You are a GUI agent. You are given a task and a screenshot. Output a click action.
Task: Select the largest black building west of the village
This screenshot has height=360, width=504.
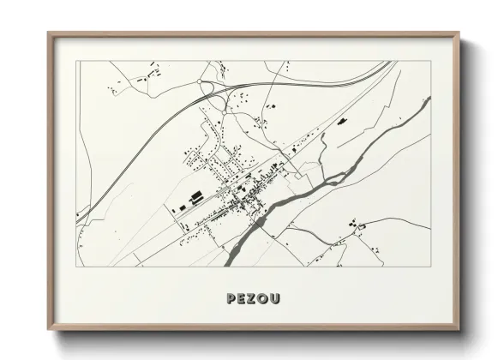[x=196, y=196]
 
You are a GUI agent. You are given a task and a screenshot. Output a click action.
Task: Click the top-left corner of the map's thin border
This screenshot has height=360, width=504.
[x=76, y=61]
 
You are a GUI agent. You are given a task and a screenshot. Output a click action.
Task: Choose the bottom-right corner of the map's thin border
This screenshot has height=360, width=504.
[x=431, y=268]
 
